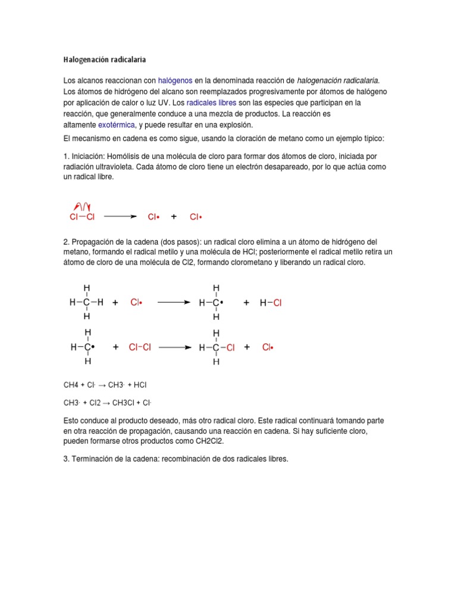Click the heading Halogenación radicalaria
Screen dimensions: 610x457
pos(104,60)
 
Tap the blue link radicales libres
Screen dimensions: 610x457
pos(211,102)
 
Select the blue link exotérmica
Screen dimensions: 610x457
pos(117,125)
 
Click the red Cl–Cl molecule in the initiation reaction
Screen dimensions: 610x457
pos(82,217)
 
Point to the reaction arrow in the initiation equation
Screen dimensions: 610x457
pos(120,217)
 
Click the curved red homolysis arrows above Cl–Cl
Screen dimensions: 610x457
pos(81,206)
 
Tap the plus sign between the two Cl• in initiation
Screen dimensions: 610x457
pos(174,217)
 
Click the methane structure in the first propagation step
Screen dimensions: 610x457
pos(87,303)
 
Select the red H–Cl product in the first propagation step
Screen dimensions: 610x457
pos(271,303)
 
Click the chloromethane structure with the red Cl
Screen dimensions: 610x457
pos(217,347)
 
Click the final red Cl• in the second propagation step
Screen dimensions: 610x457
pos(267,347)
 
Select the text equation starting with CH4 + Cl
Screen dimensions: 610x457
pos(105,385)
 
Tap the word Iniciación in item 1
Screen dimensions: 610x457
pos(89,156)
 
